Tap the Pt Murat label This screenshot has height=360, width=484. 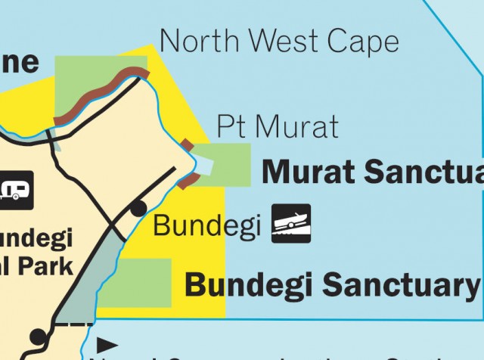coord(278,126)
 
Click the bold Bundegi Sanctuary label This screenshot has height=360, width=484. coord(332,285)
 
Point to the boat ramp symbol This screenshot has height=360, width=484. coord(291,224)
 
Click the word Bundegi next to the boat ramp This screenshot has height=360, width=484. coord(207,225)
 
